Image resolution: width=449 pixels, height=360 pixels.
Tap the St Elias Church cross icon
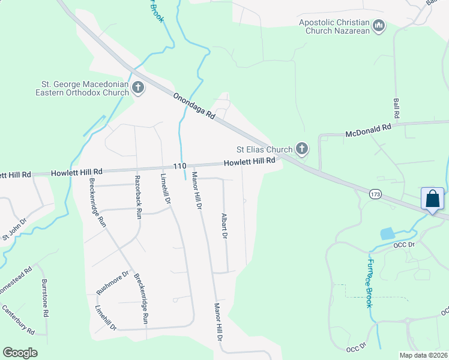302,149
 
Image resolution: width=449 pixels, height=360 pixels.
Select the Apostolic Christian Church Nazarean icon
379,26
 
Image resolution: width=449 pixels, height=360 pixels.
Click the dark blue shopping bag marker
433,199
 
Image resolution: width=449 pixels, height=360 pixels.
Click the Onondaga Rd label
193,105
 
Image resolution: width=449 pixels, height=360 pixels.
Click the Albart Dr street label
224,226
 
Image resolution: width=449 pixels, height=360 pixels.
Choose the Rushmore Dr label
113,283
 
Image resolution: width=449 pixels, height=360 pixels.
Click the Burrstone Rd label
45,298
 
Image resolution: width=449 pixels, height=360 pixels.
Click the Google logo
20,353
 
